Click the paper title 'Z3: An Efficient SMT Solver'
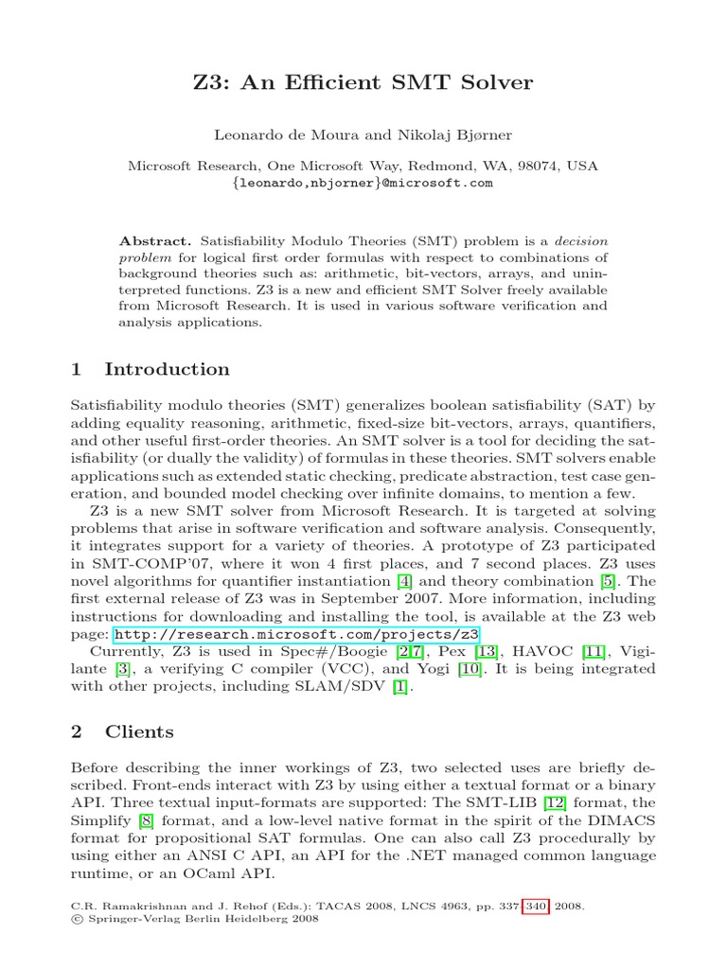point(363,83)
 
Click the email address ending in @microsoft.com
point(363,183)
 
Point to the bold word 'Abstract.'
point(155,241)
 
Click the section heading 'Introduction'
point(167,369)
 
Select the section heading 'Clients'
point(139,731)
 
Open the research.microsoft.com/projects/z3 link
point(296,634)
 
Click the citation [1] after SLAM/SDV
point(400,686)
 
